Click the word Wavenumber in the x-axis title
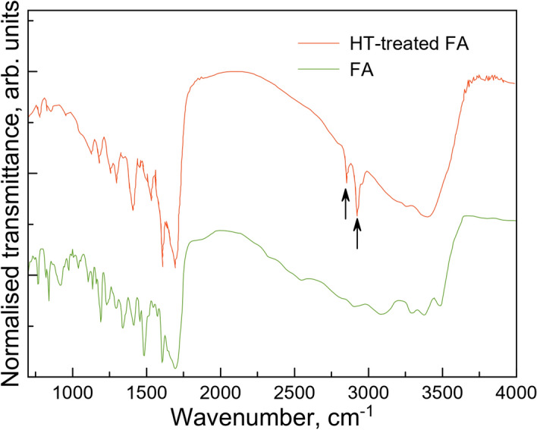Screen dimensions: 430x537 click(232, 416)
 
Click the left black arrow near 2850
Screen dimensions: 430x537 click(346, 203)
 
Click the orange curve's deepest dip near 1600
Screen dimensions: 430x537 click(162, 265)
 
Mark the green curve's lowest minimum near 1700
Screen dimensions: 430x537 click(176, 368)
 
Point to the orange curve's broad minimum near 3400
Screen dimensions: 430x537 click(427, 217)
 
